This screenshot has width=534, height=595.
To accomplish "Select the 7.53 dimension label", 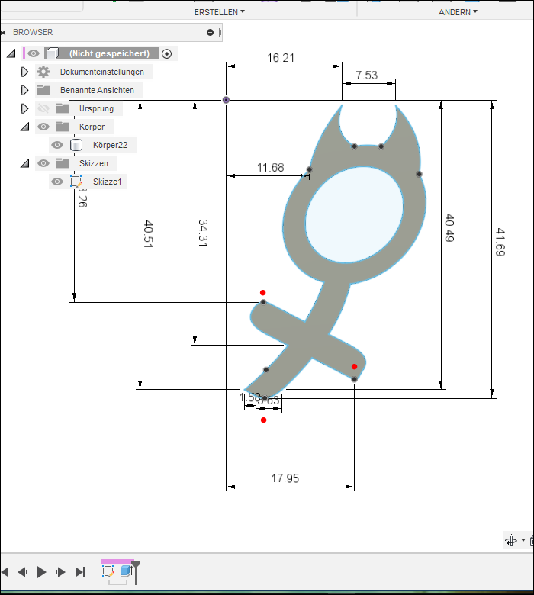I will coord(366,75).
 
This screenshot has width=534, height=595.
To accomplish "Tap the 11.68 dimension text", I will coord(270,168).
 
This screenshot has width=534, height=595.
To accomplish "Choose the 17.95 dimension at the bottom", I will coord(285,478).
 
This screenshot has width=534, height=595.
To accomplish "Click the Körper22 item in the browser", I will coord(110,145).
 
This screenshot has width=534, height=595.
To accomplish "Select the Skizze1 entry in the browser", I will coord(107,182).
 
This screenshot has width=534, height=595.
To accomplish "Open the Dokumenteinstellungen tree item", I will coord(102,72).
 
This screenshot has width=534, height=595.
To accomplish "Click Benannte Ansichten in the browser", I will coord(97,90).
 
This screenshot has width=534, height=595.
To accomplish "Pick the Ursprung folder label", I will coord(96,108).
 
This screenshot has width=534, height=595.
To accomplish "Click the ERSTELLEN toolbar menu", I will coord(220,12).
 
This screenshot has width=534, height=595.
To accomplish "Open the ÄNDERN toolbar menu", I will coord(458,12).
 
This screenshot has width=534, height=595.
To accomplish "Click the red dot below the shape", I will coord(263,420).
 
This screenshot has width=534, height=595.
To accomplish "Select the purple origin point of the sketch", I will coord(226,100).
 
